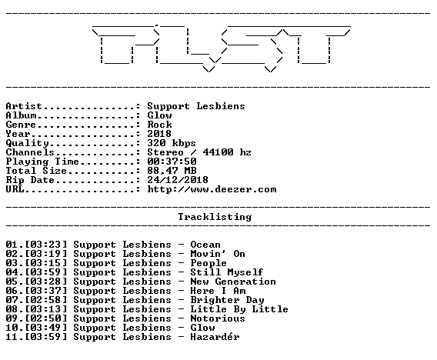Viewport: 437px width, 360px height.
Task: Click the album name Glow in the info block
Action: point(159,115)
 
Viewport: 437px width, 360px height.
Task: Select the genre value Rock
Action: point(159,125)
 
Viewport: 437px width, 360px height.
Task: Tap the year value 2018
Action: point(159,134)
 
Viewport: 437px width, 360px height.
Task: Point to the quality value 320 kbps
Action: point(172,143)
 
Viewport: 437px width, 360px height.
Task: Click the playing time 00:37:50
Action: point(172,162)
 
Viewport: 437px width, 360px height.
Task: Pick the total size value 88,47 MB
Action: point(172,171)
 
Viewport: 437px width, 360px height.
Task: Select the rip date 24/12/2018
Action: point(178,180)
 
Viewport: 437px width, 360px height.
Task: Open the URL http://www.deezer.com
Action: point(212,189)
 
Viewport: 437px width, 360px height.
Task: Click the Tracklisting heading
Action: point(215,217)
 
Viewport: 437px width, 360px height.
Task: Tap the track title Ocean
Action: point(205,245)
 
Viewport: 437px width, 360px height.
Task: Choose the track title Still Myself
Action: point(227,272)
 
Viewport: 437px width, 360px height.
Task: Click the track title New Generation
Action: point(233,282)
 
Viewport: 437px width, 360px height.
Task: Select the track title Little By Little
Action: point(239,309)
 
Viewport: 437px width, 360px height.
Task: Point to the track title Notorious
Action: point(218,318)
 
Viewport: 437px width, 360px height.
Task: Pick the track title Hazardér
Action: point(215,337)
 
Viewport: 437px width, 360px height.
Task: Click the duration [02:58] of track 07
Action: point(46,300)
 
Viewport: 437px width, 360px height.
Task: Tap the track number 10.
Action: point(12,328)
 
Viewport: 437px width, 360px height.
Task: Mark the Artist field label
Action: point(24,106)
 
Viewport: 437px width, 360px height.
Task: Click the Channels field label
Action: point(30,152)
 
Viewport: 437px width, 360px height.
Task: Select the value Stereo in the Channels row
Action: point(165,152)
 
